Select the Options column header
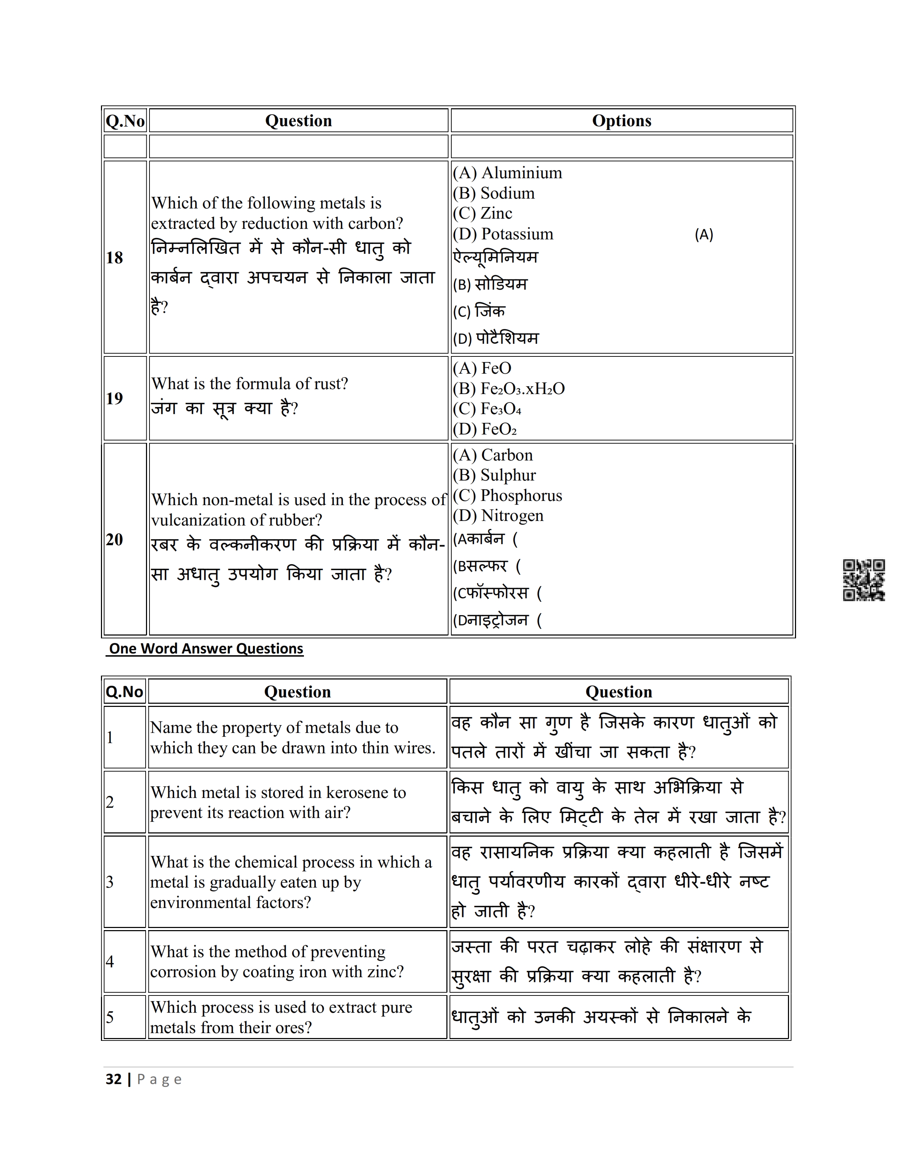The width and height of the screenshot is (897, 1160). [621, 121]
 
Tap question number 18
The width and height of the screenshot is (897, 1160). [114, 258]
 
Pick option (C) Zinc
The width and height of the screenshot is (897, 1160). [483, 213]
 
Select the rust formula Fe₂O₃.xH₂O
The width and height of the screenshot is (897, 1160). [509, 389]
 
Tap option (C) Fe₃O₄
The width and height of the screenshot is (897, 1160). [487, 409]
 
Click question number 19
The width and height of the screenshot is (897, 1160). [114, 398]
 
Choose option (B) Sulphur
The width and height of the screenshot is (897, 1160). [494, 475]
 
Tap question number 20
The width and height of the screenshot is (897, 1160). [114, 540]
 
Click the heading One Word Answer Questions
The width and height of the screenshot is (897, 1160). [206, 649]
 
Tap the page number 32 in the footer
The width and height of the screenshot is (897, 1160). [114, 1079]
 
